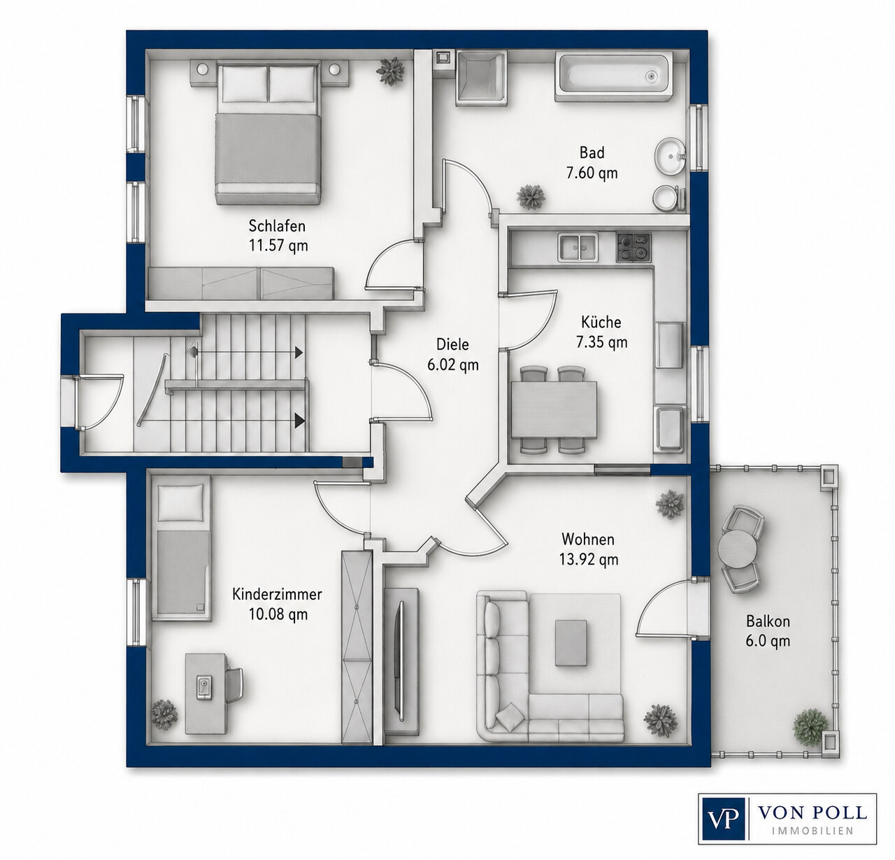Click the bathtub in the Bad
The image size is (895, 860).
(613, 76)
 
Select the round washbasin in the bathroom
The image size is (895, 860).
(670, 157)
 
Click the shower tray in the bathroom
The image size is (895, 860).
(481, 78)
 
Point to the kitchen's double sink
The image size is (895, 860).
(578, 247)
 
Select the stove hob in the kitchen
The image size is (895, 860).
(633, 247)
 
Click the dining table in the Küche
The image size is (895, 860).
(554, 410)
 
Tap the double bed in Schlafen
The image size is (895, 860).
(268, 134)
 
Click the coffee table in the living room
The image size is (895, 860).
(571, 642)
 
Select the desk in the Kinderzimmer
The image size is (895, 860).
(206, 693)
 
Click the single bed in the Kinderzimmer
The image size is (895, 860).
(181, 549)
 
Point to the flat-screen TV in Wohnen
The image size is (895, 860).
(401, 661)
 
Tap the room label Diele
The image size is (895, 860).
(452, 344)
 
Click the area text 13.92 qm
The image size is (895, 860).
(589, 559)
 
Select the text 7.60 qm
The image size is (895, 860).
(592, 173)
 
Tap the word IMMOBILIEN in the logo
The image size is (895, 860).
(812, 831)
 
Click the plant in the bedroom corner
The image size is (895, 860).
(390, 71)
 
